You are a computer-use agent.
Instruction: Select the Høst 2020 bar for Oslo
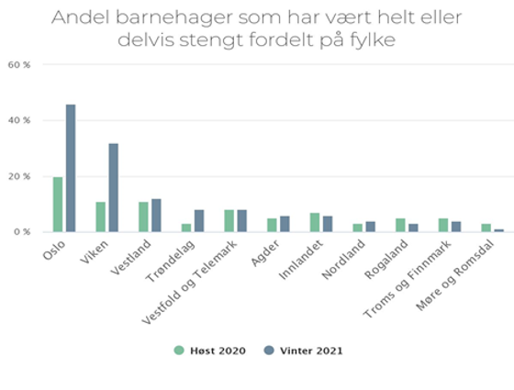coord(58,204)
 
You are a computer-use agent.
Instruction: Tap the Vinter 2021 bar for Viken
coord(113,187)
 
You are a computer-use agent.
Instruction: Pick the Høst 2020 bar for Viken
coord(101,217)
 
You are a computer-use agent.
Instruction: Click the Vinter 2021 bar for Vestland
coord(156,216)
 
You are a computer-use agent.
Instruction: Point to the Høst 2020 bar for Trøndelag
coord(186,228)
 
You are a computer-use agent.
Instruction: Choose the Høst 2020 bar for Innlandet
coord(315,222)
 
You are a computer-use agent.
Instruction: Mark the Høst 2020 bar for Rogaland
coord(400,225)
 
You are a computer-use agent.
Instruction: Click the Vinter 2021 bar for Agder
coord(285,224)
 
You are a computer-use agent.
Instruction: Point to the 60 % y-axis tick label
coord(19,64)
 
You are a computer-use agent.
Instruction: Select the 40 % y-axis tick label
coord(19,120)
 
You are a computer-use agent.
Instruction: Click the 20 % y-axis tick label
coord(19,176)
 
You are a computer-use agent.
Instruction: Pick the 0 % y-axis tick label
coord(22,231)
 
